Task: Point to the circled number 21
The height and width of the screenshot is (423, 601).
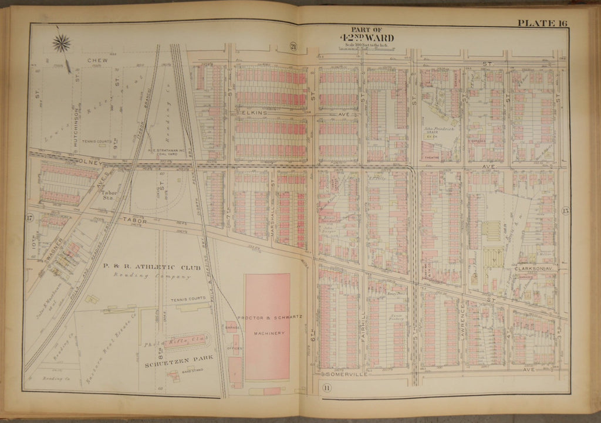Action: [293, 46]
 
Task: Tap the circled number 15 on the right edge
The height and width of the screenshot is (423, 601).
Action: [565, 211]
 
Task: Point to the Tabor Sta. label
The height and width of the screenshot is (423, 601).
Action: [109, 195]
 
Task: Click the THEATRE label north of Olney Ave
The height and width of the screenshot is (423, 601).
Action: [431, 157]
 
